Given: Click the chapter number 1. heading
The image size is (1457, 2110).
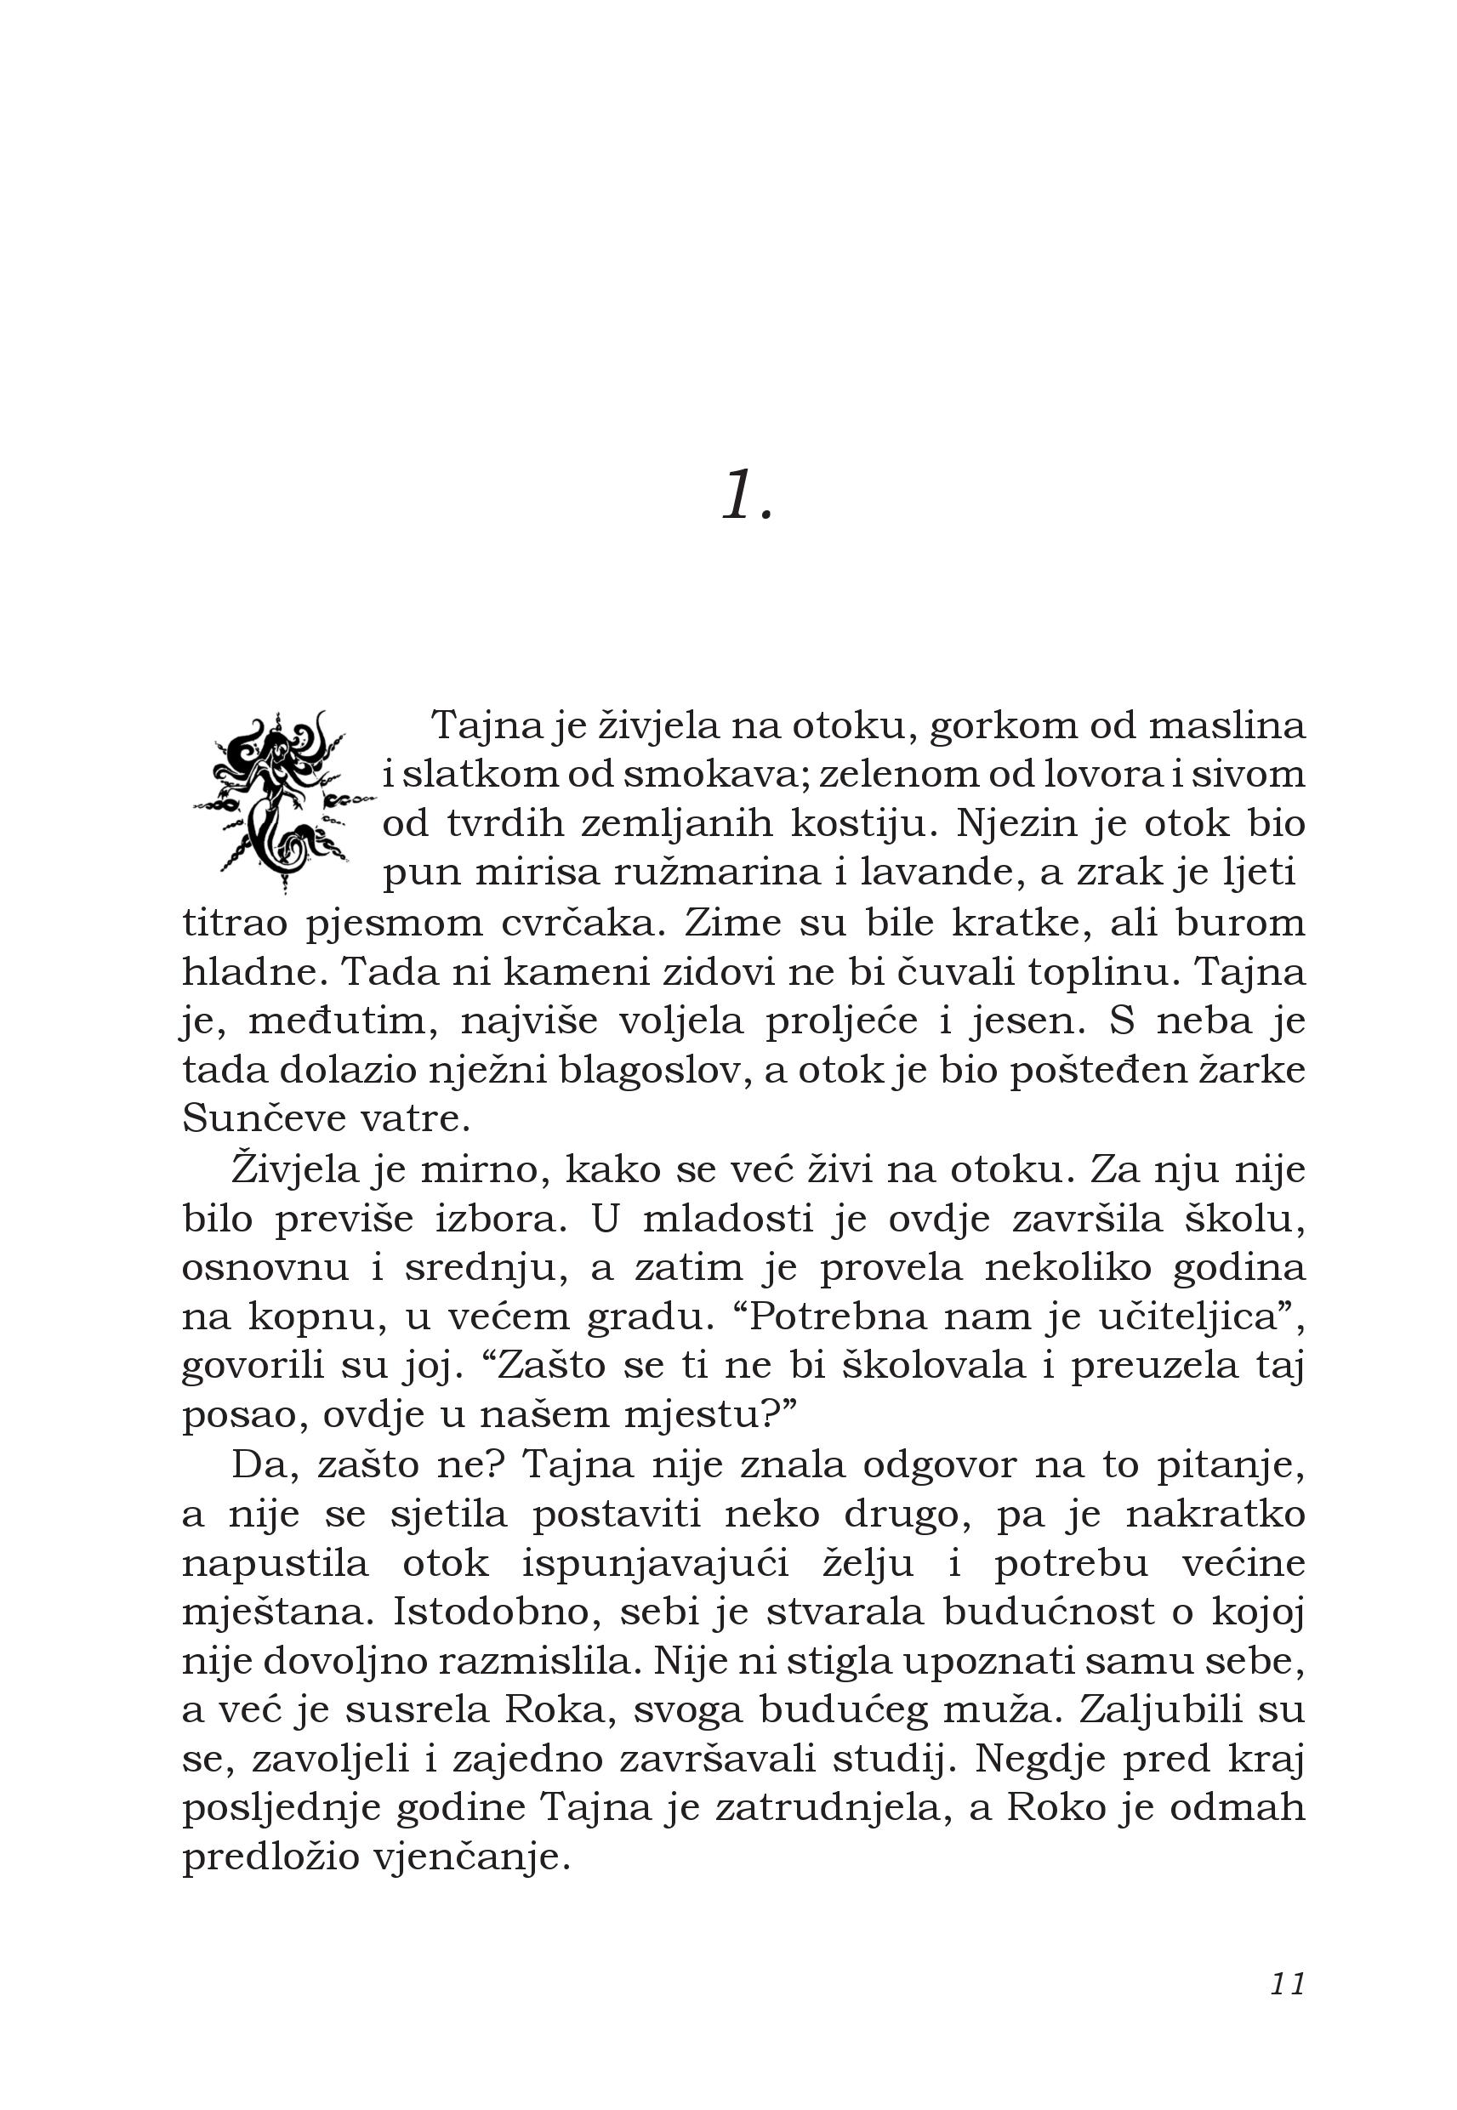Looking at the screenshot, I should click(x=747, y=498).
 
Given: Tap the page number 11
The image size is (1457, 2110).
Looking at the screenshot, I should click(x=1287, y=1986).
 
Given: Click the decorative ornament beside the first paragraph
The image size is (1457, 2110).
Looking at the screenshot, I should click(x=283, y=799).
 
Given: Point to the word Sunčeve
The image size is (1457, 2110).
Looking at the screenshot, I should click(x=259, y=1121).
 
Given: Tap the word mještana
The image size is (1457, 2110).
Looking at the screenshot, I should click(x=277, y=1613).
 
